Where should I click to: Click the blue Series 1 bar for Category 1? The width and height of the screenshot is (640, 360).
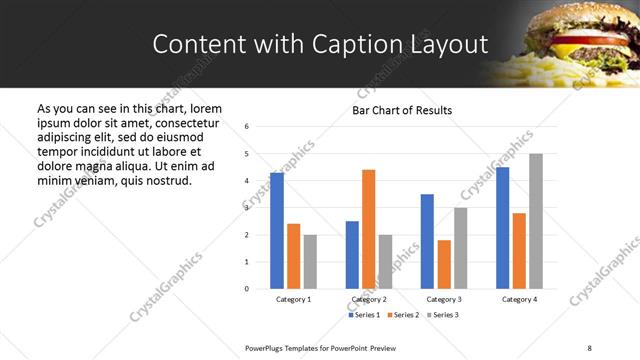coord(277,231)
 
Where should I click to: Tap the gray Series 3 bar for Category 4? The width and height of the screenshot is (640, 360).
coord(536,221)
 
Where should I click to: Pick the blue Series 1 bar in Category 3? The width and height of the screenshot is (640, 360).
coord(428,241)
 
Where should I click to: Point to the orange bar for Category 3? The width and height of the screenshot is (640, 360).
coord(445,264)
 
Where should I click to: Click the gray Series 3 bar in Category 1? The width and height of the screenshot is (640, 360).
coord(311,261)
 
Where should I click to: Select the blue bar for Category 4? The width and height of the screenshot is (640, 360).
coord(503,228)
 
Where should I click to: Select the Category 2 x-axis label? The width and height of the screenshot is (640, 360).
coord(369,299)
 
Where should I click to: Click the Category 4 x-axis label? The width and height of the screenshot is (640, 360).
coord(519,299)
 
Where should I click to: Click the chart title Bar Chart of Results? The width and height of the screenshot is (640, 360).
coord(402,110)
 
